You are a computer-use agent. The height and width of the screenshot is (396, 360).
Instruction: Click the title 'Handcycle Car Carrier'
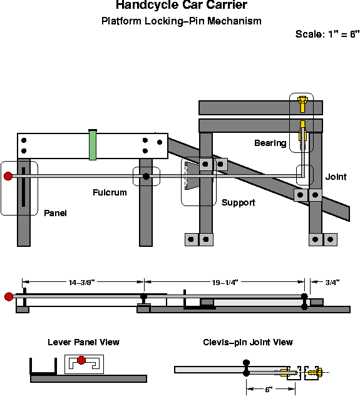(181, 6)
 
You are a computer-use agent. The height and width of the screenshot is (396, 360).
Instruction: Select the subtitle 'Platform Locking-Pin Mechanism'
(181, 21)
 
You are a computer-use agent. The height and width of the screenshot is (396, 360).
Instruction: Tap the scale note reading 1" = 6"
(327, 34)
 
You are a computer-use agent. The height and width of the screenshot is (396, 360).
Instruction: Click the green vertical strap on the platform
(93, 145)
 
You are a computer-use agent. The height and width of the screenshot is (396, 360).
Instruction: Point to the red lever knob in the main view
(8, 176)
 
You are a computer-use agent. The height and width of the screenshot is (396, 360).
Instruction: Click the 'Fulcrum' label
(110, 192)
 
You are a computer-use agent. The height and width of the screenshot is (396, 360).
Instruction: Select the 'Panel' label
(55, 213)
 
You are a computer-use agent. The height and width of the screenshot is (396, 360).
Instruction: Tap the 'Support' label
(239, 203)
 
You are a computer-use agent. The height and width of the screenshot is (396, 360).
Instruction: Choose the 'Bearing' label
(270, 143)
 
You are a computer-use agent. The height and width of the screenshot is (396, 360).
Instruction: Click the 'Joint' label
(336, 177)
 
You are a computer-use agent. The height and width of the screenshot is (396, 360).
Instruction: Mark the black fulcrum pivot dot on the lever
(147, 177)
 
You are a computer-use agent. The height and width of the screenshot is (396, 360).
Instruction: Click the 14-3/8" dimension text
(81, 283)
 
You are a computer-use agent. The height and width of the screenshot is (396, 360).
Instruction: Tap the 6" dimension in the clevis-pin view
(269, 389)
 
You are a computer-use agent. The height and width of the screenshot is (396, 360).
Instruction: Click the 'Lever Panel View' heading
(83, 342)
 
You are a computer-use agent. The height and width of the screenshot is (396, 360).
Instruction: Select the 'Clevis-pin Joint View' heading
(248, 342)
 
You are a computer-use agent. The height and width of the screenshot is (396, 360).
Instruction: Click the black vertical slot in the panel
(23, 186)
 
